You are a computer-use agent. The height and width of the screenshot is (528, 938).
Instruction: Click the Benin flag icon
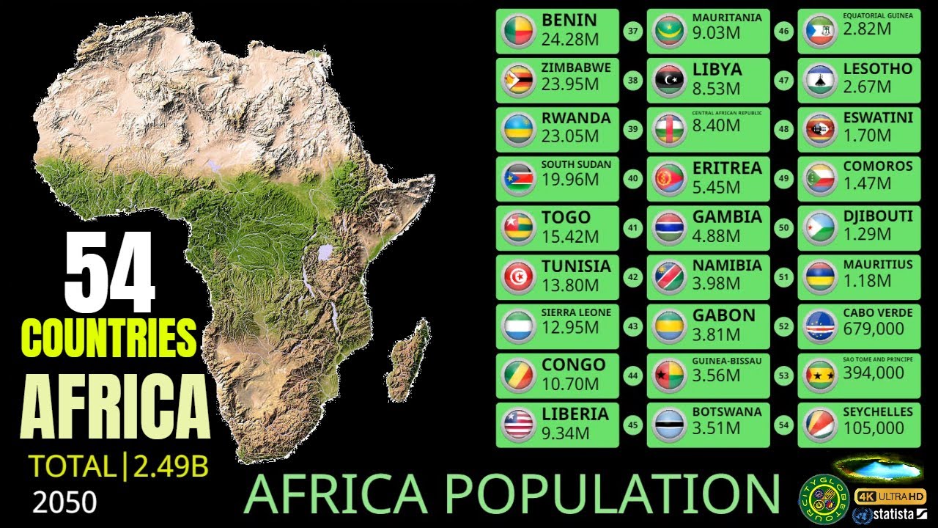pyautogui.click(x=519, y=31)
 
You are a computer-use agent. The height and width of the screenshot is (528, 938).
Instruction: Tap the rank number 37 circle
pyautogui.click(x=632, y=31)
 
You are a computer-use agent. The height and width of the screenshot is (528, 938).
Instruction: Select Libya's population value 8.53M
pyautogui.click(x=717, y=89)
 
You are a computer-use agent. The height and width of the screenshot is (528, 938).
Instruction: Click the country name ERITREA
pyautogui.click(x=728, y=168)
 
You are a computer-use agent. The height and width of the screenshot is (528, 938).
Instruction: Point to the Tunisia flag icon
pyautogui.click(x=519, y=277)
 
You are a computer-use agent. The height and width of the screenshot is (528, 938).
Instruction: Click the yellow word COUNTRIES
pyautogui.click(x=109, y=337)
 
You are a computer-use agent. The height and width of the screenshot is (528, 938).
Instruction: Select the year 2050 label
pyautogui.click(x=64, y=502)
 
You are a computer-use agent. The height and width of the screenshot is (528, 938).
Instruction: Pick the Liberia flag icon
pyautogui.click(x=519, y=425)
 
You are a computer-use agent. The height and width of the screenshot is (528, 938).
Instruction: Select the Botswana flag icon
pyautogui.click(x=670, y=425)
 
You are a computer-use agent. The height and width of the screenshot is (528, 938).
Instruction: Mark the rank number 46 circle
pyautogui.click(x=784, y=31)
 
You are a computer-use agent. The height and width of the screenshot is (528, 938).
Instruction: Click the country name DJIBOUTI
pyautogui.click(x=878, y=216)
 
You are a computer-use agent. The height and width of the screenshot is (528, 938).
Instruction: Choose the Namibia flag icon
pyautogui.click(x=670, y=277)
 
